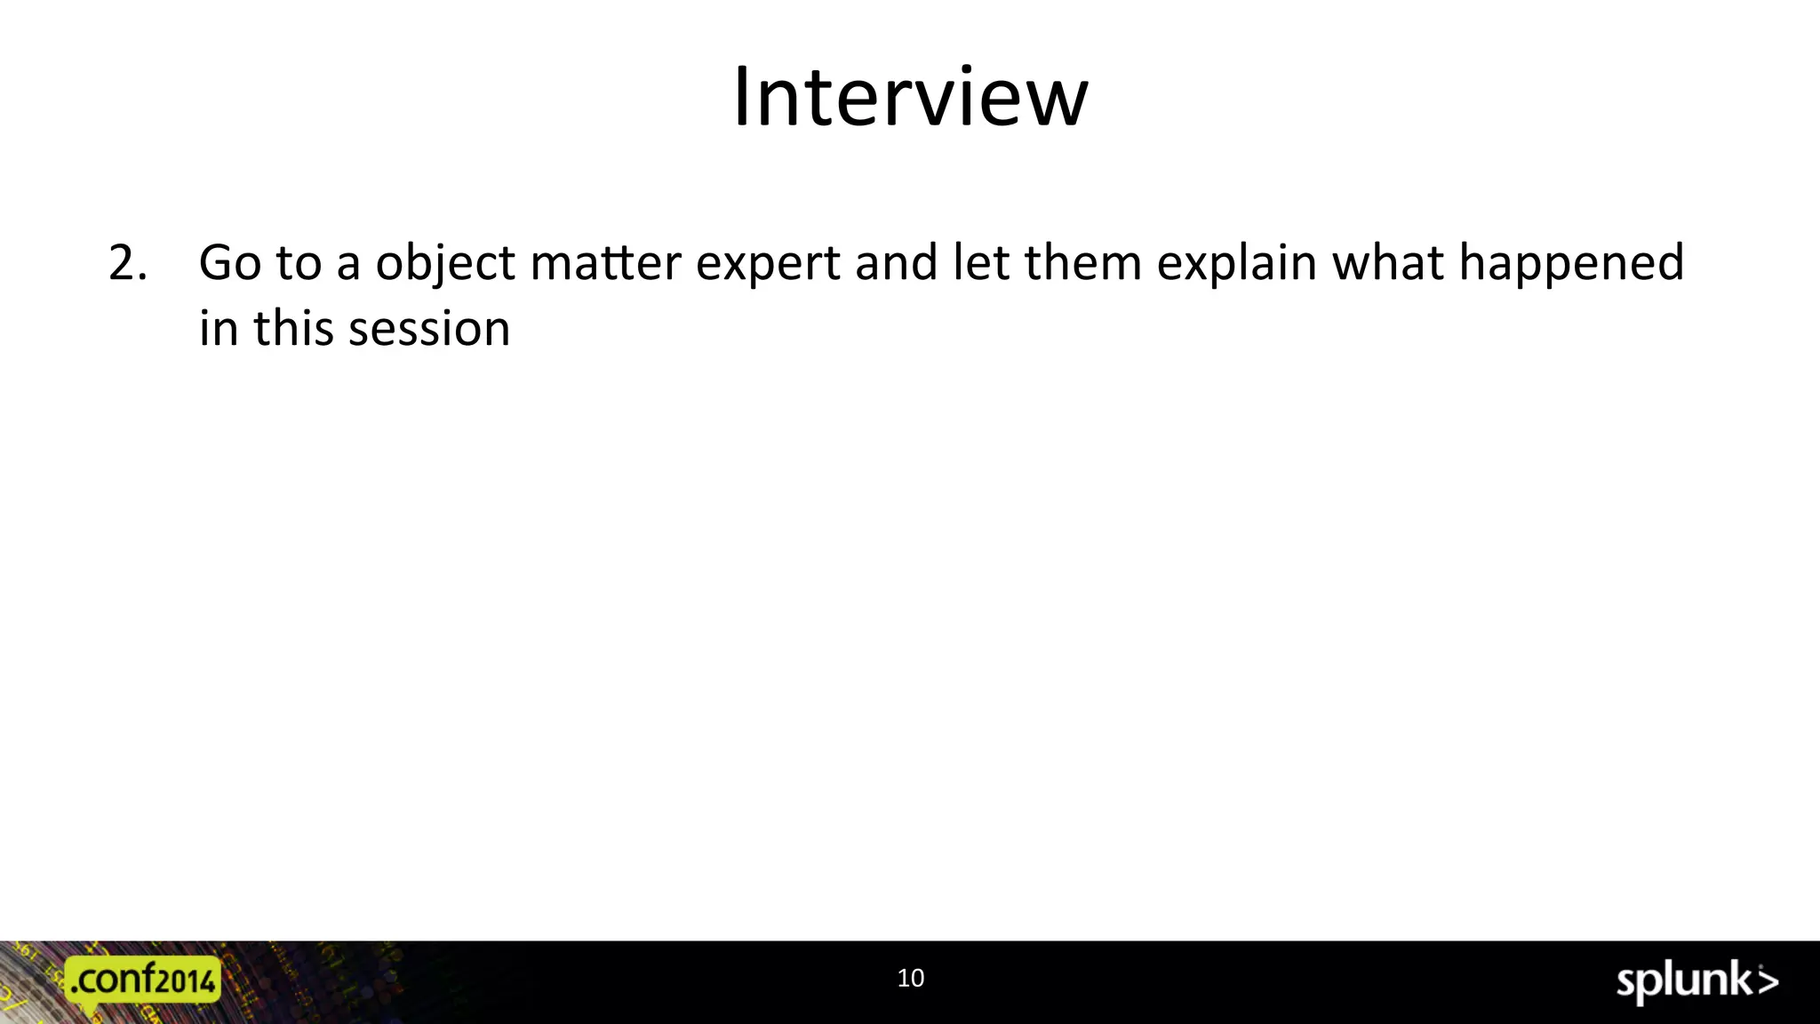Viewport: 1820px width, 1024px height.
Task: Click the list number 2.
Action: pos(127,263)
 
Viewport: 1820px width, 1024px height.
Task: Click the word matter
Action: pos(606,263)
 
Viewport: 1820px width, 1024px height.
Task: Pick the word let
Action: pos(981,263)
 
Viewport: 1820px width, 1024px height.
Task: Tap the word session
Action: pos(429,329)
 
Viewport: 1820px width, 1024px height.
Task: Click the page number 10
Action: pos(911,978)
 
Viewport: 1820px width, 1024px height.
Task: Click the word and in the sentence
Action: pos(896,263)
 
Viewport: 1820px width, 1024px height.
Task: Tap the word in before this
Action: pos(218,328)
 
